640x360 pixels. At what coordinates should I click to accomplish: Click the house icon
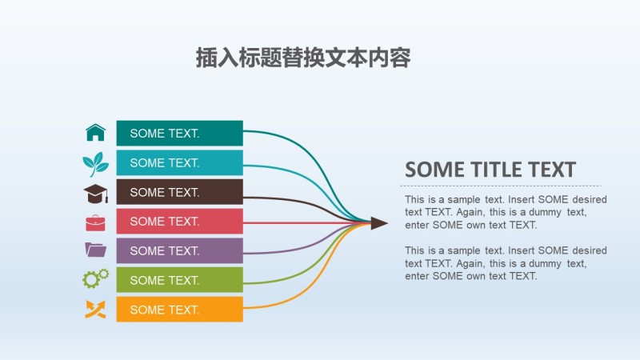coord(95,133)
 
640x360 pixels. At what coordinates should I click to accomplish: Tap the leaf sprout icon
coord(95,163)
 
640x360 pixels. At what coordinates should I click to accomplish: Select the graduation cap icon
coord(95,193)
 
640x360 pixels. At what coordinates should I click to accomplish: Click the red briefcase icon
coord(95,222)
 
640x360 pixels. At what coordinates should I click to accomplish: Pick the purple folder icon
coord(95,250)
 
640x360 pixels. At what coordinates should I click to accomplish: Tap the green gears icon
coord(95,279)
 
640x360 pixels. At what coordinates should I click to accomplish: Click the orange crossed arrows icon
coord(95,309)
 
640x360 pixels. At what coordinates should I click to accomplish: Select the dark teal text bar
coord(179,134)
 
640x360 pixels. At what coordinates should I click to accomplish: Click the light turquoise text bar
coord(179,163)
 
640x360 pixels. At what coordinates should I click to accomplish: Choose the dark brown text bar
coord(179,192)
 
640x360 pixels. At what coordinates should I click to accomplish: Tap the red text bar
coord(179,222)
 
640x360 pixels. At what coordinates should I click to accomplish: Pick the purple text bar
coord(179,250)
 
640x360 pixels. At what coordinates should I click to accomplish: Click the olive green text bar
coord(179,280)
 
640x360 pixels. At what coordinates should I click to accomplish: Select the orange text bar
coord(179,310)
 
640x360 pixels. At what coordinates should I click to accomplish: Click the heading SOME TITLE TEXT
coord(490,170)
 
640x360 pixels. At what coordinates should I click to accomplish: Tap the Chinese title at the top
coord(303,58)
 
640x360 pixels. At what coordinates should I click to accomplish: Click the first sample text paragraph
coord(505,212)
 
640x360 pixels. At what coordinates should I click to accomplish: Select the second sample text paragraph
coord(505,263)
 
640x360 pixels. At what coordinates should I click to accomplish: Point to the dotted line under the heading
coord(500,186)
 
